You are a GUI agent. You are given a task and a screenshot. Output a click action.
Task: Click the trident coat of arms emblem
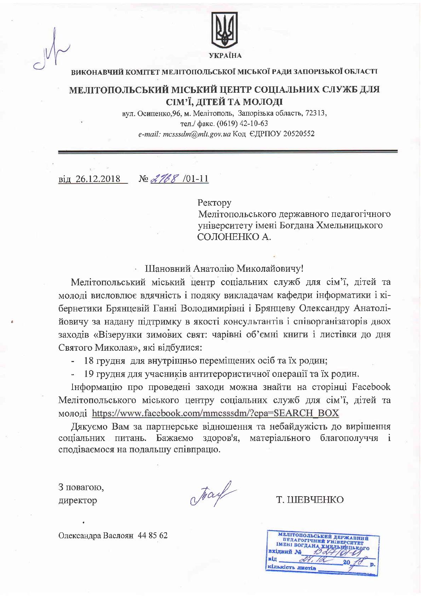(x=225, y=30)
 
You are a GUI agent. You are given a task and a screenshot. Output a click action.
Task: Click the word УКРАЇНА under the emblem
(x=225, y=56)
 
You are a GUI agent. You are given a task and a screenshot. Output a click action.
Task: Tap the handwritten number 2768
(x=165, y=178)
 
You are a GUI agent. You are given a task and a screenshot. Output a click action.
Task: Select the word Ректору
(x=214, y=203)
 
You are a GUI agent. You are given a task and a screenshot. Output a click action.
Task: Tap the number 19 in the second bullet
(x=89, y=373)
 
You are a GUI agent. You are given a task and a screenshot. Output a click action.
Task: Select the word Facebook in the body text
(x=371, y=387)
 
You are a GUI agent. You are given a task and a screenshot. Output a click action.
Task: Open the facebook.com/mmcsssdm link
(x=215, y=413)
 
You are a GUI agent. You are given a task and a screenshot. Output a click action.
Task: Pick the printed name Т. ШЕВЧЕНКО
(x=310, y=500)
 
